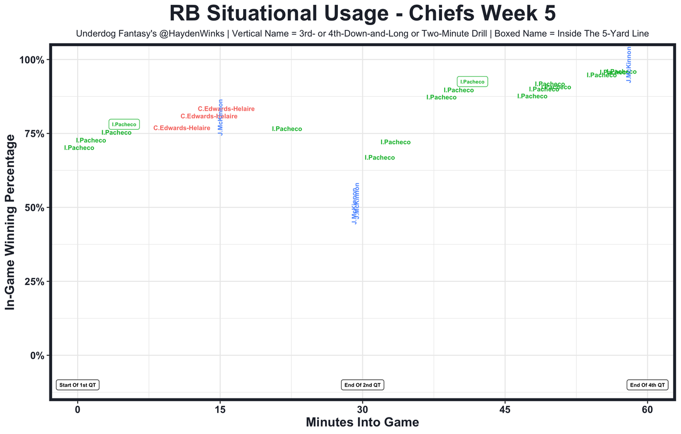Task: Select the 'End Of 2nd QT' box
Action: (363, 385)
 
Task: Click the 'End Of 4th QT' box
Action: (647, 385)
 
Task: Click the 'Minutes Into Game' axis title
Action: (362, 423)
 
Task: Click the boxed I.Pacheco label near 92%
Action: (472, 82)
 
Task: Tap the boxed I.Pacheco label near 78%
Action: (124, 124)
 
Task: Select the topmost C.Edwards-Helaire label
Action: (226, 109)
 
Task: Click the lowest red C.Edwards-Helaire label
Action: (181, 128)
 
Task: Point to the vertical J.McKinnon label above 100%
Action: (629, 64)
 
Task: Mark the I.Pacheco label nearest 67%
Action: (380, 158)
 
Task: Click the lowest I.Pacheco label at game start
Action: (79, 148)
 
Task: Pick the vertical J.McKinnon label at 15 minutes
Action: (221, 118)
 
